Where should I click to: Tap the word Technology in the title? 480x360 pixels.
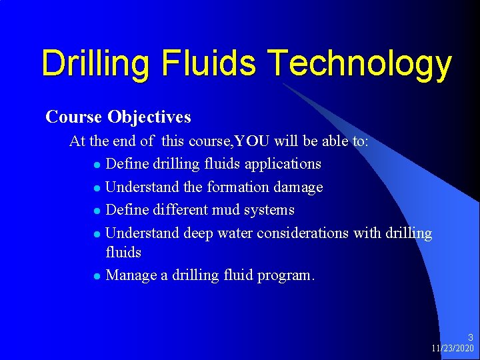pos(361,64)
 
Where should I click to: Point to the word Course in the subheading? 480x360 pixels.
pos(73,117)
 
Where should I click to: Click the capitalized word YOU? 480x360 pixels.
pos(247,141)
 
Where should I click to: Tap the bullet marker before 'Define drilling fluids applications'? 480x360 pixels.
pos(97,165)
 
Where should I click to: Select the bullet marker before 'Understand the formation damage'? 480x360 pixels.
pos(97,188)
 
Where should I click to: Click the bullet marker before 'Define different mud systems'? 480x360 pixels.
pos(97,211)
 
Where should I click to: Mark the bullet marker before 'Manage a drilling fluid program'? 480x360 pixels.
pos(97,275)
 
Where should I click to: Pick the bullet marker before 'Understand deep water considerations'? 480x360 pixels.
pos(97,234)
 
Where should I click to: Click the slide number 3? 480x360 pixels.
pos(470,338)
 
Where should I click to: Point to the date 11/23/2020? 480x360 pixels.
pos(453,349)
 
